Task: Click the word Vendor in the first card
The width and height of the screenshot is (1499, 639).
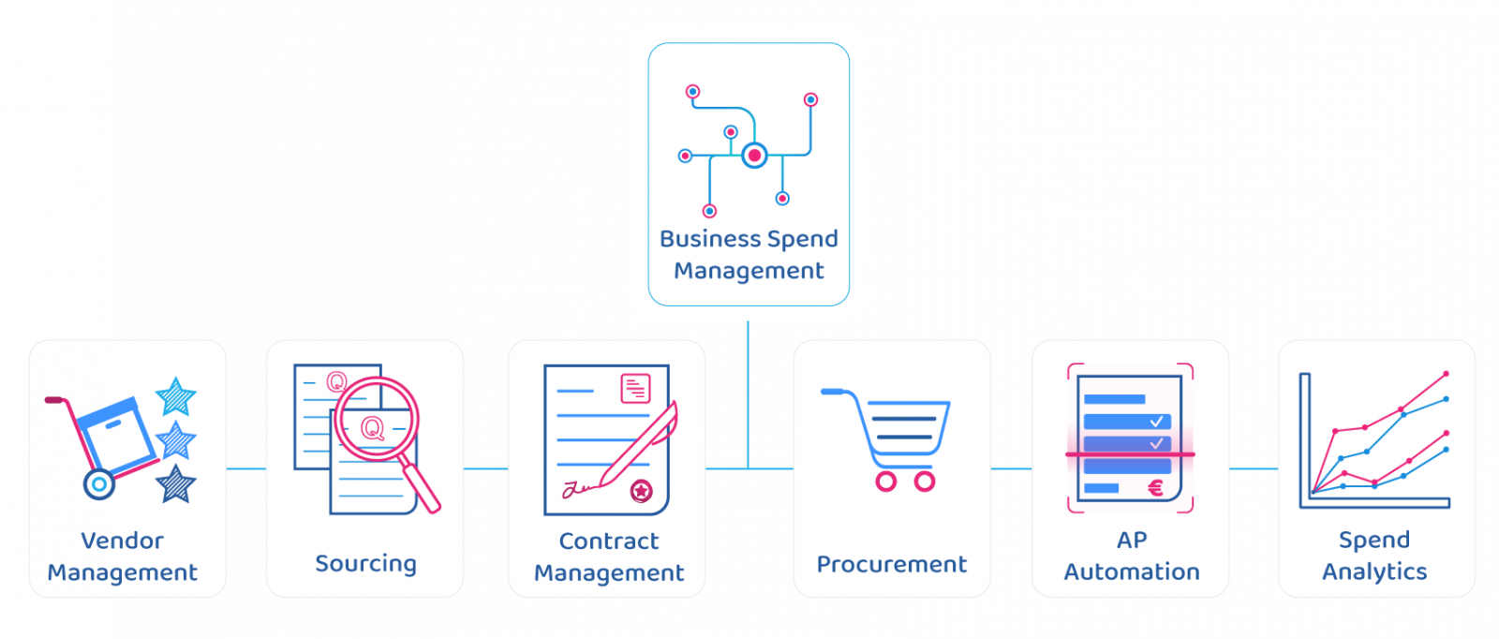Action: (x=122, y=541)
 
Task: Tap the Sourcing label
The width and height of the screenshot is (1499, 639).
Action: (x=365, y=563)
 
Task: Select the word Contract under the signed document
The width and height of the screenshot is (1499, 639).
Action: (x=609, y=541)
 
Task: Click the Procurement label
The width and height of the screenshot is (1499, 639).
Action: (x=891, y=564)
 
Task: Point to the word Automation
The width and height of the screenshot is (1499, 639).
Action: (x=1132, y=572)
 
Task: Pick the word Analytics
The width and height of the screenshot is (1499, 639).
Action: (x=1374, y=572)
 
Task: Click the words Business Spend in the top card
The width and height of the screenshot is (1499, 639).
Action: (x=749, y=239)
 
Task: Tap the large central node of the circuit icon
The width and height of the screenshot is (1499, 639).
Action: (x=754, y=156)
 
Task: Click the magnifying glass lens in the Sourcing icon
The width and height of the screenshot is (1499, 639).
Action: (x=376, y=419)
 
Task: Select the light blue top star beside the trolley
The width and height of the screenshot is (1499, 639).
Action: (x=175, y=396)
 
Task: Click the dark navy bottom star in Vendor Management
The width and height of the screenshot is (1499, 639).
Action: (x=175, y=485)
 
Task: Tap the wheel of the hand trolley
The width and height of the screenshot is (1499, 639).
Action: (x=98, y=484)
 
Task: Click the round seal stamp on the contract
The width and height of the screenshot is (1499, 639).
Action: (x=642, y=491)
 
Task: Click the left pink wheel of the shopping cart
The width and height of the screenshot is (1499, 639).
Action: (x=885, y=482)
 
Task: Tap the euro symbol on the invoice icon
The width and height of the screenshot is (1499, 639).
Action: (x=1155, y=487)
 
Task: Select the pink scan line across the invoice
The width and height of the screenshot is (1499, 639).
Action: (x=1130, y=454)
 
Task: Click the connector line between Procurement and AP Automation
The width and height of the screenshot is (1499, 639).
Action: (x=1011, y=469)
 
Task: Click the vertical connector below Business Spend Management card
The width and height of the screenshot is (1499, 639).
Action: (x=748, y=394)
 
